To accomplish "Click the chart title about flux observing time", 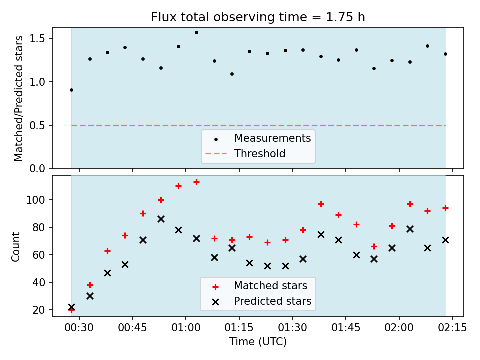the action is click(x=258, y=17).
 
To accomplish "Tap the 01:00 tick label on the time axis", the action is click(x=186, y=328).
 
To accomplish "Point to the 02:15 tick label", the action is click(x=453, y=328).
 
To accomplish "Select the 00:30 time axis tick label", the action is click(x=79, y=328).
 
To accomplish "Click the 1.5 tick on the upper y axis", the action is click(x=37, y=39).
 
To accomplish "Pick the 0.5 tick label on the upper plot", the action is click(x=37, y=126).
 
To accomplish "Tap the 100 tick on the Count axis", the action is click(x=36, y=200).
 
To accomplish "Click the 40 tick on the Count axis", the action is click(x=39, y=283).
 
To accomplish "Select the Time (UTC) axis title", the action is click(x=258, y=341).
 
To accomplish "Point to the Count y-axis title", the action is click(x=15, y=247).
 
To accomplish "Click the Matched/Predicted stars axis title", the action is click(x=18, y=98).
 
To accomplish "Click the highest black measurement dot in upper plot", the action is click(x=196, y=33).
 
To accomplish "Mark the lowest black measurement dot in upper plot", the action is click(x=71, y=90).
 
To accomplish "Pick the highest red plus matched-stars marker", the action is click(x=196, y=182).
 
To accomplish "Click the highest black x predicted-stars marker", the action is click(x=161, y=219).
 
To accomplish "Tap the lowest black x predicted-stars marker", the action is click(x=71, y=307).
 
